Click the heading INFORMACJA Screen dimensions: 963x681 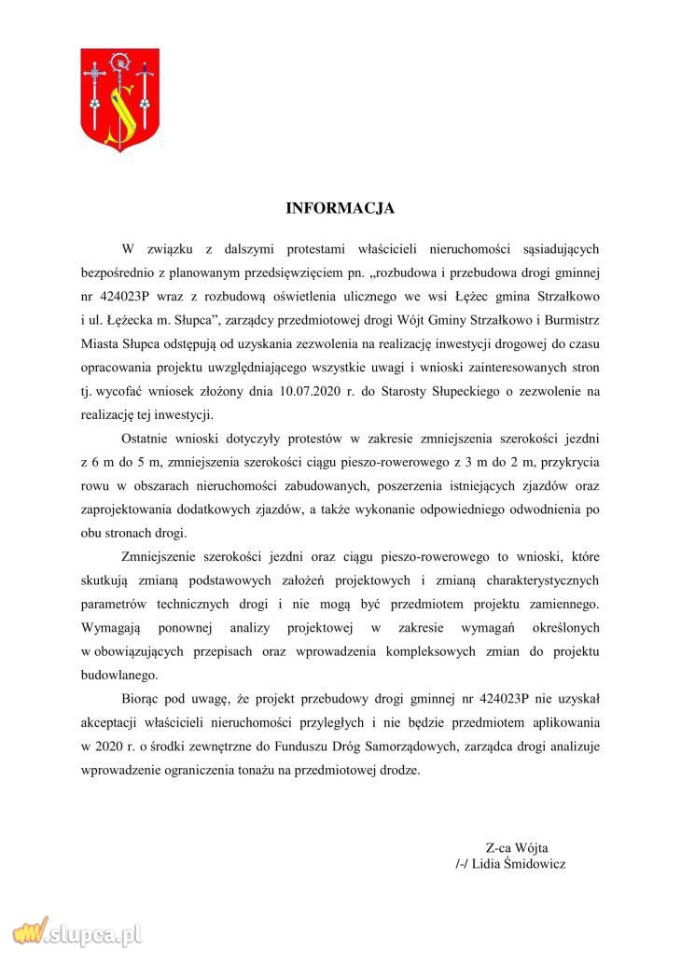(340, 207)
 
